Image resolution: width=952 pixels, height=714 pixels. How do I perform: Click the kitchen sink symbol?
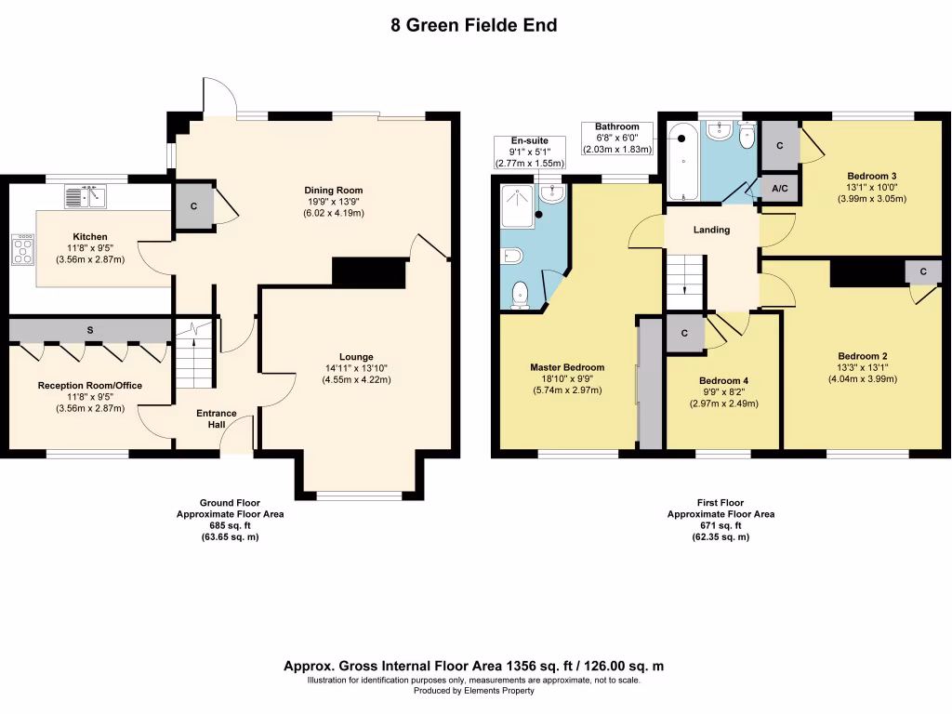coord(85,197)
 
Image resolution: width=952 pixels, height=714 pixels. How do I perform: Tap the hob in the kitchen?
coord(23,249)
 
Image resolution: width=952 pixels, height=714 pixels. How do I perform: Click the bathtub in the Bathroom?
coord(683,162)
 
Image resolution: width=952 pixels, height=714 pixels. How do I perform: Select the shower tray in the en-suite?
coord(517,206)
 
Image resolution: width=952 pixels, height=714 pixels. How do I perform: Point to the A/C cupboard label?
coord(780,189)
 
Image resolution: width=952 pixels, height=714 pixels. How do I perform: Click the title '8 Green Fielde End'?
coord(474,25)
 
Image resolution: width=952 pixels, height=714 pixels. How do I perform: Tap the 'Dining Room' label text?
coord(334,190)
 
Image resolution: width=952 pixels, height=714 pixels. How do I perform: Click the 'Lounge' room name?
coord(356,357)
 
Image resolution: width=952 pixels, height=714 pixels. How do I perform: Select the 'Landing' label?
coord(711,230)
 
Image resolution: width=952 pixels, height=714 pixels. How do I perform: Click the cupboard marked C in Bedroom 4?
coord(685,333)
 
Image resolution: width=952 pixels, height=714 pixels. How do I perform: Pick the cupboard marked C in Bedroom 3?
coord(780,146)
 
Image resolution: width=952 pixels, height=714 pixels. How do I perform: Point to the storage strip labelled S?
coord(90,330)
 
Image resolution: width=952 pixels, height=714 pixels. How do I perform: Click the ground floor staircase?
coord(195,354)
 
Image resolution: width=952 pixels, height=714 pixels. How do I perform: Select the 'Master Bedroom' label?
coord(567,367)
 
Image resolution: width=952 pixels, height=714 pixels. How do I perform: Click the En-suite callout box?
coord(530,152)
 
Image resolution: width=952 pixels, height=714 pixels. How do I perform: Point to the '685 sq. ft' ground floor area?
coord(231,526)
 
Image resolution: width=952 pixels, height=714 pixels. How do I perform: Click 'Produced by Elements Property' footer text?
coord(474,691)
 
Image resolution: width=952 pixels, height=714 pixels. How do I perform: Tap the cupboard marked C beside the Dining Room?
coord(194,206)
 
